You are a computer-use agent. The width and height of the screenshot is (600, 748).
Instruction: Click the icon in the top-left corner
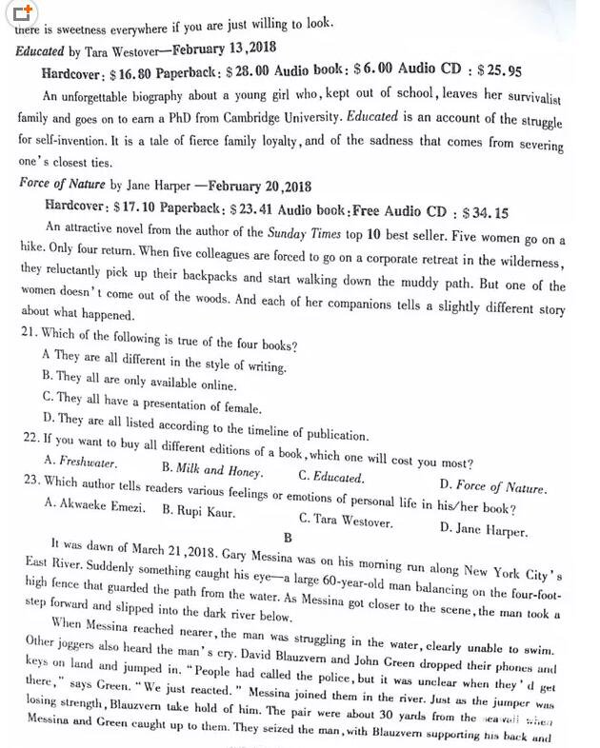pos(23,12)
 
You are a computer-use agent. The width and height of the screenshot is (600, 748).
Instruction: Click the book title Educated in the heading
pos(40,50)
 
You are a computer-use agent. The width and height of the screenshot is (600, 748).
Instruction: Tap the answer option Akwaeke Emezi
pos(95,506)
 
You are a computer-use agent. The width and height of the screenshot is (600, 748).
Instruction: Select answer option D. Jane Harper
pos(484,529)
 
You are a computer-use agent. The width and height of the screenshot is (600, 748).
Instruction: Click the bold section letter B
pos(289,538)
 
